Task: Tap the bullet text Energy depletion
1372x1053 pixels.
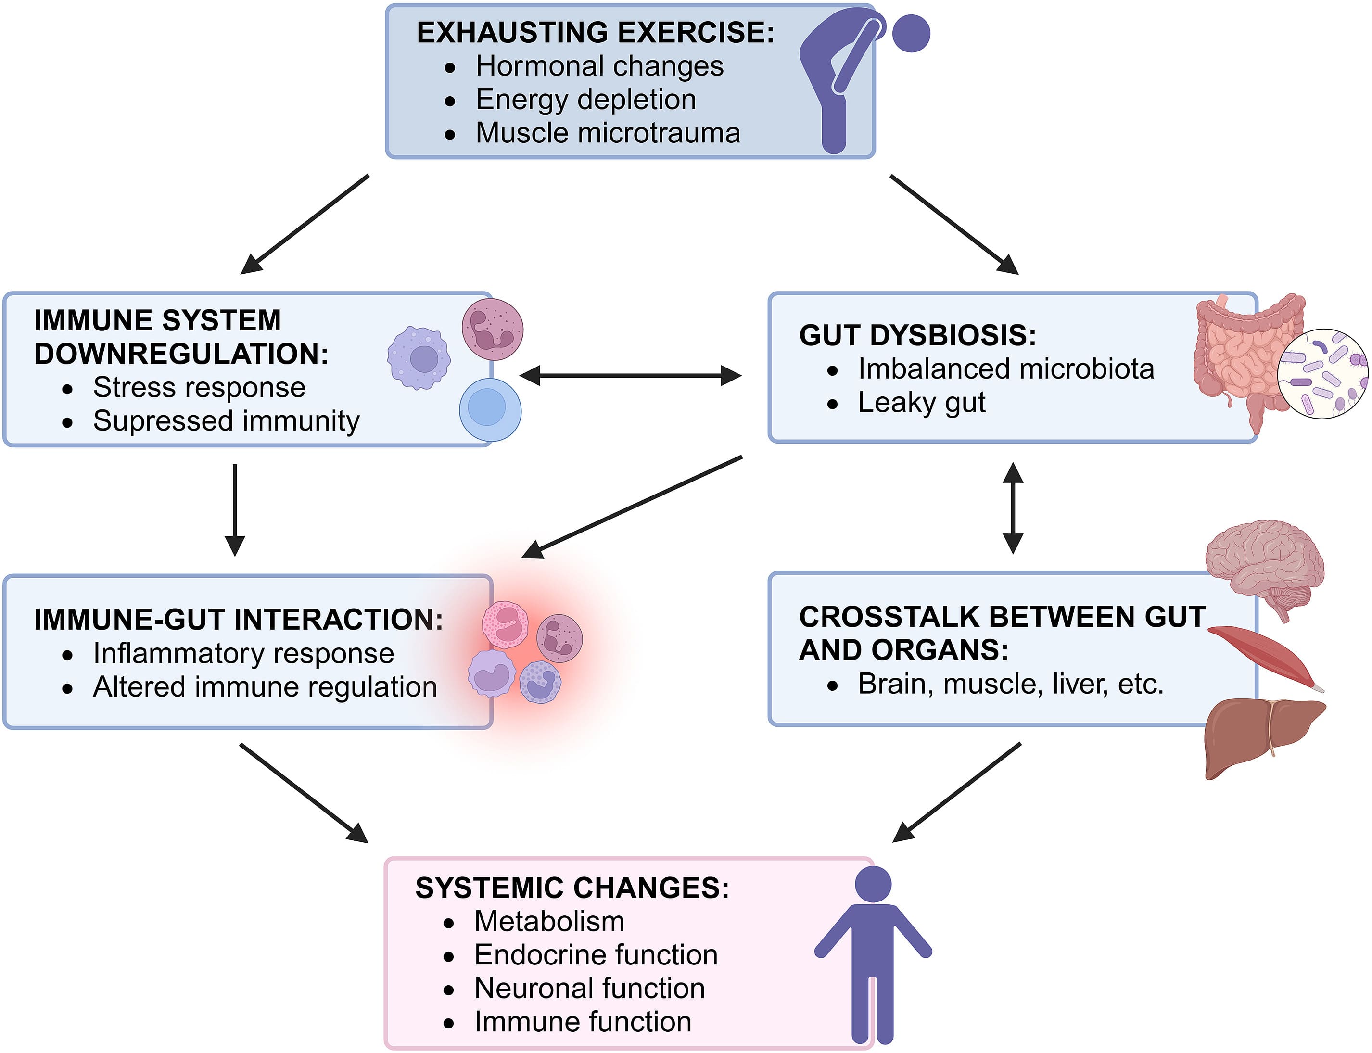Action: coord(585,100)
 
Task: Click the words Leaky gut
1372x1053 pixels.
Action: coord(921,403)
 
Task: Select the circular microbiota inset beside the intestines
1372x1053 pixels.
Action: coord(1322,374)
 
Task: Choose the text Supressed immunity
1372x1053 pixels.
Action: coord(226,420)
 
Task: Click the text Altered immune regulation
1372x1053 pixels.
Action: coord(265,687)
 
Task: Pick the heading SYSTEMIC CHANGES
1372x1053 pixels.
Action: coord(572,888)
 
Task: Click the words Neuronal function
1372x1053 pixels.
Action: coord(589,989)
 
